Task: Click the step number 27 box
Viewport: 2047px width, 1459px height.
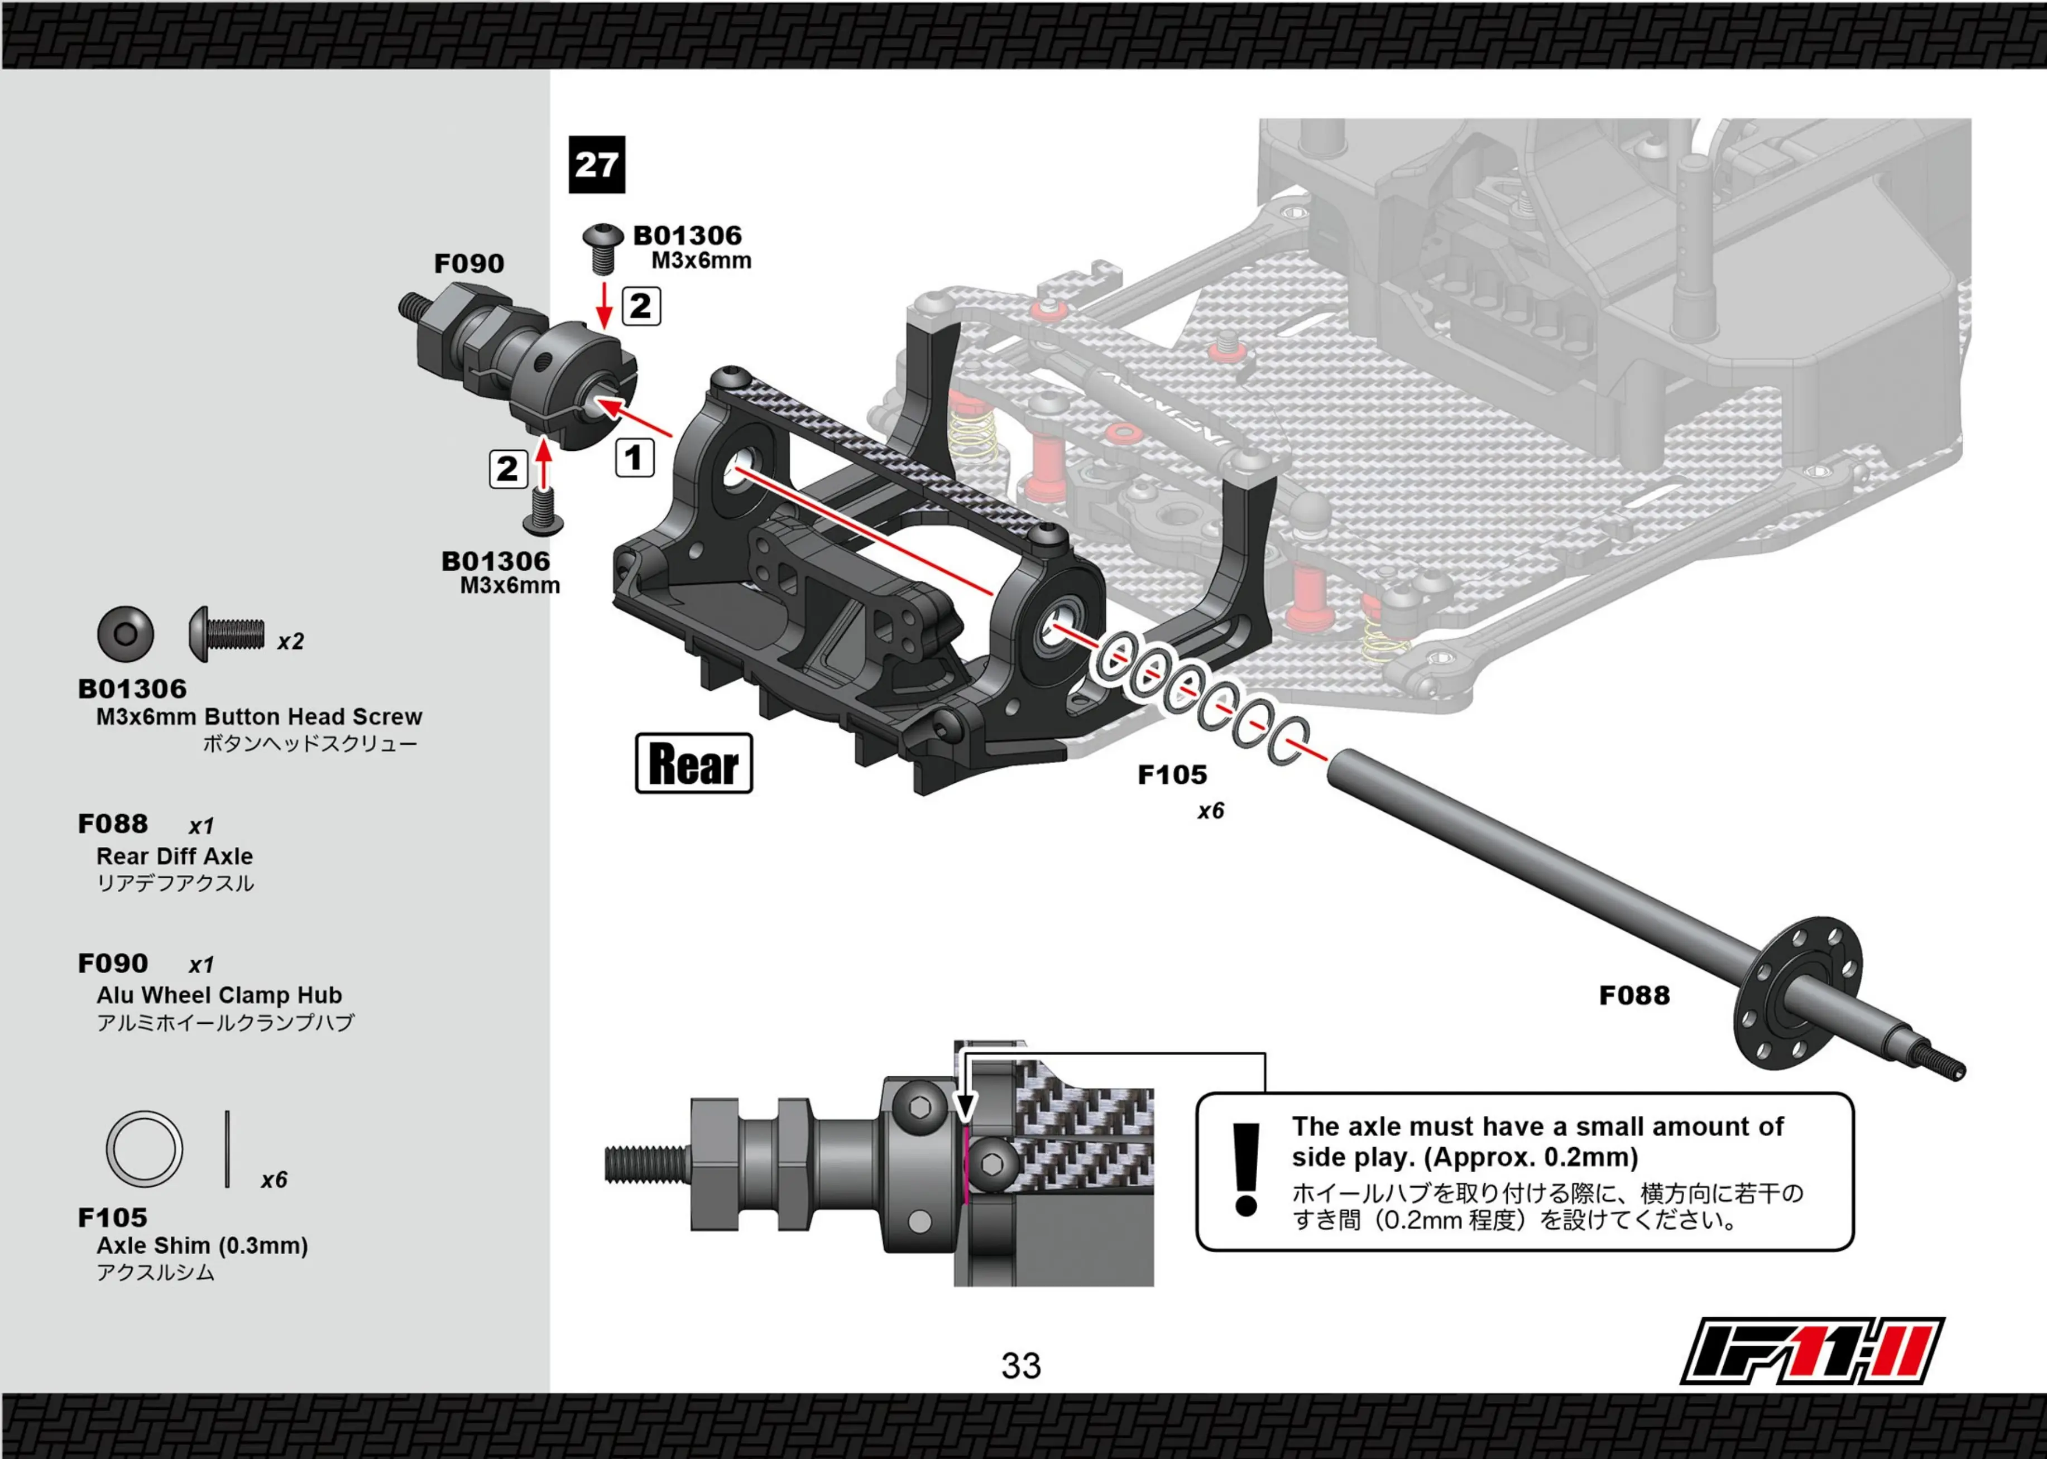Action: [x=597, y=165]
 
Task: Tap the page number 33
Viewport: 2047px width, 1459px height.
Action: [x=1021, y=1366]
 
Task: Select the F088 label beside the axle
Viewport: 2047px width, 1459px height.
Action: [x=1634, y=995]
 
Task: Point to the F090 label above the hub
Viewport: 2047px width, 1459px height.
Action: [x=469, y=263]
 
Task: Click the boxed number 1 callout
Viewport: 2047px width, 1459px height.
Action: [x=634, y=458]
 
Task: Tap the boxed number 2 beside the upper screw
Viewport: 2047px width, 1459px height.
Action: [x=641, y=306]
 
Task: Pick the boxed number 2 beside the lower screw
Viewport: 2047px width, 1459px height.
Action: [x=508, y=469]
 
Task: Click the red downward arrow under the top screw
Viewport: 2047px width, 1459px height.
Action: [x=605, y=305]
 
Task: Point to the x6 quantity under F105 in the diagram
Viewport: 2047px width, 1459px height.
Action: [x=1210, y=811]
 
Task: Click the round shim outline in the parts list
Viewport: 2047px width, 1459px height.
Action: [x=144, y=1149]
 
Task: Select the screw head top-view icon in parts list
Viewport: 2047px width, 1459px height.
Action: [x=126, y=634]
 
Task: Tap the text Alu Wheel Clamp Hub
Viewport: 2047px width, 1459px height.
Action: [x=219, y=995]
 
